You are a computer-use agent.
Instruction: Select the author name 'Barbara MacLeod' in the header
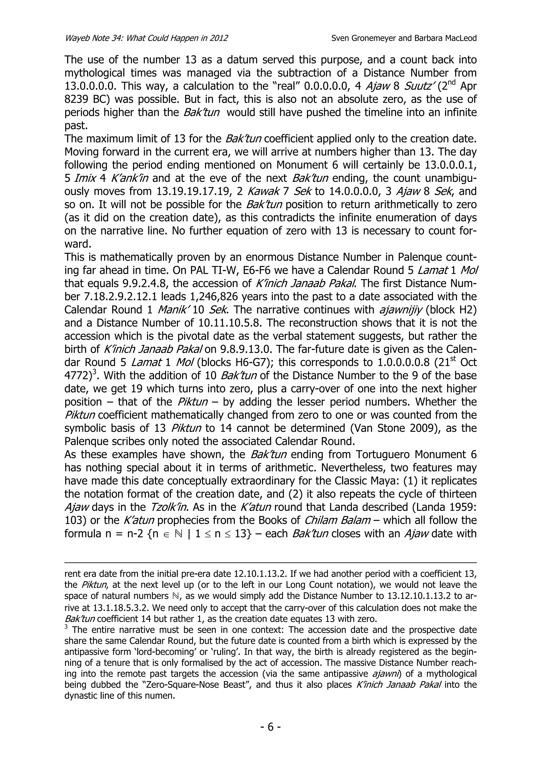(445, 38)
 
